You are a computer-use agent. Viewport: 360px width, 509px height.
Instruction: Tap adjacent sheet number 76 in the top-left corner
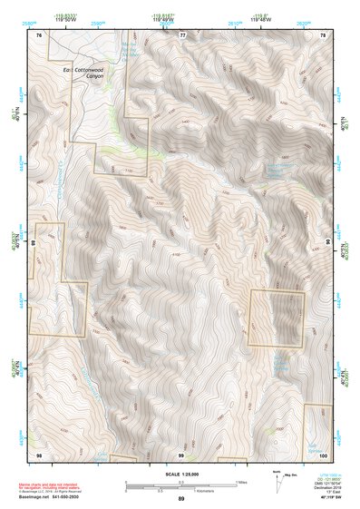click(39, 34)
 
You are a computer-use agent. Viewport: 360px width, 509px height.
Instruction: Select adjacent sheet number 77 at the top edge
click(181, 34)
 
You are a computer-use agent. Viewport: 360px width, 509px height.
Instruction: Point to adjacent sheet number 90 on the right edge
click(326, 243)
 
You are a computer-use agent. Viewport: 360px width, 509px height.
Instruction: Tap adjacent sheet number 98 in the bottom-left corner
click(39, 453)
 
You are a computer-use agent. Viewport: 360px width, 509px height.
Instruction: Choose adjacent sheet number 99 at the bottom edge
click(181, 453)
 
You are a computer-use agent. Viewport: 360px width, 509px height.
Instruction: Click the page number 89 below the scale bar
click(181, 499)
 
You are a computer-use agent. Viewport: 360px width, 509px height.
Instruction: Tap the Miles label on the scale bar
click(240, 482)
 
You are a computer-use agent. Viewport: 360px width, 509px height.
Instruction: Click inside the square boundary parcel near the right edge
click(277, 318)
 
